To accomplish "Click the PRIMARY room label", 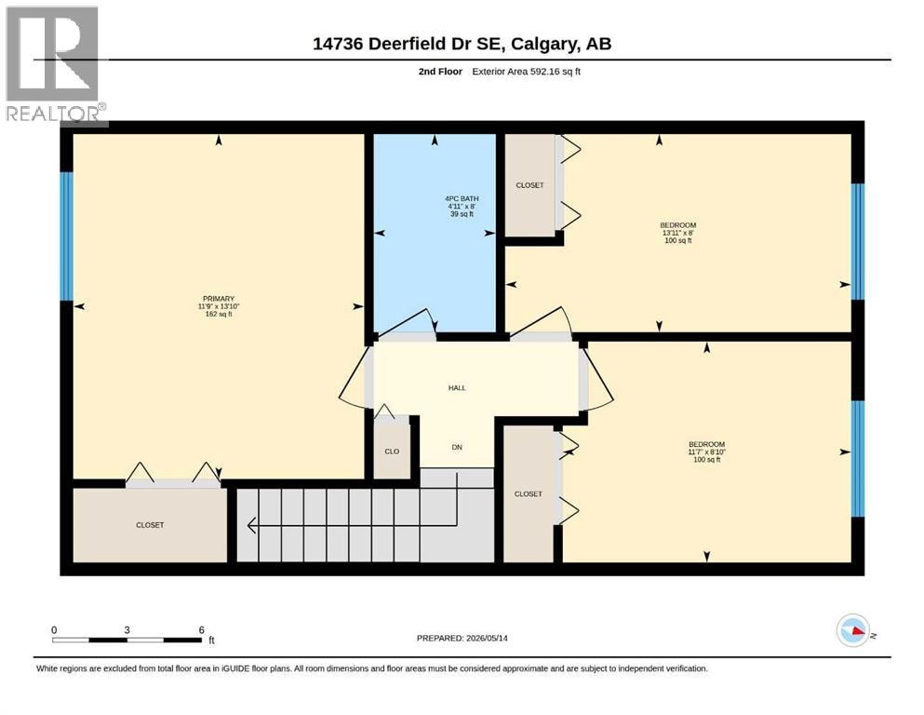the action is pos(219,299).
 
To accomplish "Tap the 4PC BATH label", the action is pos(462,198).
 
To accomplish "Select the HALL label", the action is pos(457,388).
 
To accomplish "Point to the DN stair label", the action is pos(457,448).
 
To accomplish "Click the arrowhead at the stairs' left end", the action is pos(251,524).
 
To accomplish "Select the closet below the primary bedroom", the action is pos(150,524).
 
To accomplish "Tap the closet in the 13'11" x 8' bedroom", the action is pos(529,185).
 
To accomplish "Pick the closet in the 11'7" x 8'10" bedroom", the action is pos(528,494).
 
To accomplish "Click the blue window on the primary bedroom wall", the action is pos(67,236).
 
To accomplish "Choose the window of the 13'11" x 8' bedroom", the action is pos(857,242).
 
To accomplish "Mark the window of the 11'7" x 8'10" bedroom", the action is pos(857,459).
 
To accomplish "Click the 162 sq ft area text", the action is pos(219,314).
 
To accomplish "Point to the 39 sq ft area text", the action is pos(462,214).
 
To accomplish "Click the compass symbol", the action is pos(852,630).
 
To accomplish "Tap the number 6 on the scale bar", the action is pos(202,629).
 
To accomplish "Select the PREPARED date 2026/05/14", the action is pos(487,638).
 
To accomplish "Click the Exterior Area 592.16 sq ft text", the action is pos(527,72).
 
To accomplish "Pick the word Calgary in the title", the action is pos(544,44).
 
